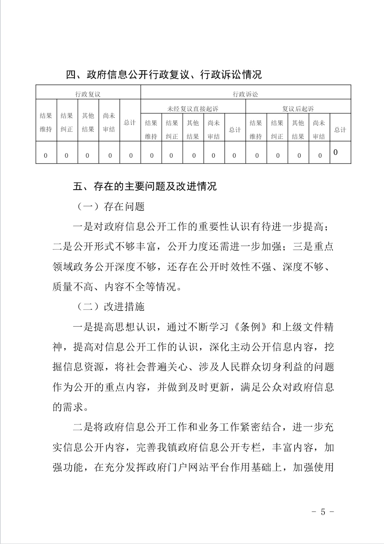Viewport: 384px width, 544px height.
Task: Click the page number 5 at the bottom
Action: [x=323, y=512]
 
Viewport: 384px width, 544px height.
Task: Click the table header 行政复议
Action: [x=88, y=94]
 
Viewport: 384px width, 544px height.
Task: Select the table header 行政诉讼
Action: [x=245, y=94]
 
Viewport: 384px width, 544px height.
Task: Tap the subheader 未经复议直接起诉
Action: [x=193, y=109]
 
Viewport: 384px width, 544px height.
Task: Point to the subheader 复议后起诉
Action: [x=298, y=109]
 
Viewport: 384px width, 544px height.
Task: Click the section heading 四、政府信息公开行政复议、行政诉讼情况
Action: [x=164, y=75]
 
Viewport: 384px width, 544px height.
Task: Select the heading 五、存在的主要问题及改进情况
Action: [x=145, y=186]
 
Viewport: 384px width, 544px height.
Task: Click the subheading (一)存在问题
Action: [x=111, y=206]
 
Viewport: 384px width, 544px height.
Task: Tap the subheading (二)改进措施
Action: [x=111, y=307]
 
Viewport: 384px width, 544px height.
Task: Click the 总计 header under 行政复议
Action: [x=130, y=122]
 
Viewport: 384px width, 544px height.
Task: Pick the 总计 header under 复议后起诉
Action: [x=340, y=129]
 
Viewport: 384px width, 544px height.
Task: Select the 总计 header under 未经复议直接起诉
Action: [x=235, y=129]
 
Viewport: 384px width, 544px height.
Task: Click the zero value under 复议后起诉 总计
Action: [x=336, y=152]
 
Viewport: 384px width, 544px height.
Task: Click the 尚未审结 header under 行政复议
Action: [x=109, y=122]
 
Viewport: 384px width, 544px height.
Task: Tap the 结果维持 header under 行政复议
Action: [x=46, y=122]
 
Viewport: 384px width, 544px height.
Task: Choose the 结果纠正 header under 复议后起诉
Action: [x=277, y=129]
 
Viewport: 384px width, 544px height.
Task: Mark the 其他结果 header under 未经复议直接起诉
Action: [x=193, y=129]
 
